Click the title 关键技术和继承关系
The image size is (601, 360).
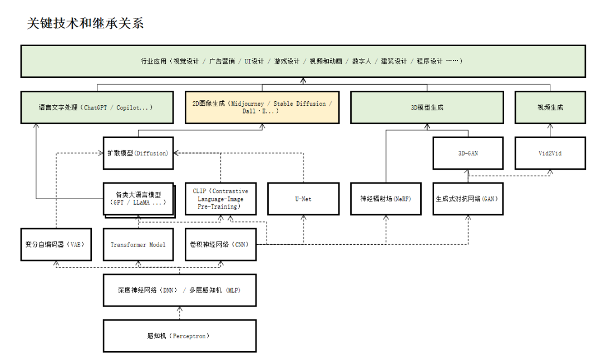85,23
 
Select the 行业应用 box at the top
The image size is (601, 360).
303,61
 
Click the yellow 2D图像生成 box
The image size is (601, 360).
262,107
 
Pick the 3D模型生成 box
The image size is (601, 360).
427,107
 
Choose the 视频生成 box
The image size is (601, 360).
550,107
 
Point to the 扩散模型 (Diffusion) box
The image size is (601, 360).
138,153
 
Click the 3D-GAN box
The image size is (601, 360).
468,153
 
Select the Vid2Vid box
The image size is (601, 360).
550,153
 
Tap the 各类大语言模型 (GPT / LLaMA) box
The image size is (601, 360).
138,199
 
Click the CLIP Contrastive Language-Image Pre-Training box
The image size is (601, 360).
220,199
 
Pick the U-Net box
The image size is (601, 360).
303,199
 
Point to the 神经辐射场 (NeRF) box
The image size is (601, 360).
386,199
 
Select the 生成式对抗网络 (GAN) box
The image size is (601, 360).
468,199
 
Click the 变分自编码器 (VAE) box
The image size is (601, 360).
55,244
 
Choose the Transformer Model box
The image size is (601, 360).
138,244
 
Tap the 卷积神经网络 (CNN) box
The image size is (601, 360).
220,244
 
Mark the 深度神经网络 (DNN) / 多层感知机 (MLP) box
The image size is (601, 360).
179,290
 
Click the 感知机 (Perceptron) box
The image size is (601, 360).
179,336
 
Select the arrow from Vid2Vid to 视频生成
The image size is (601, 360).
550,130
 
